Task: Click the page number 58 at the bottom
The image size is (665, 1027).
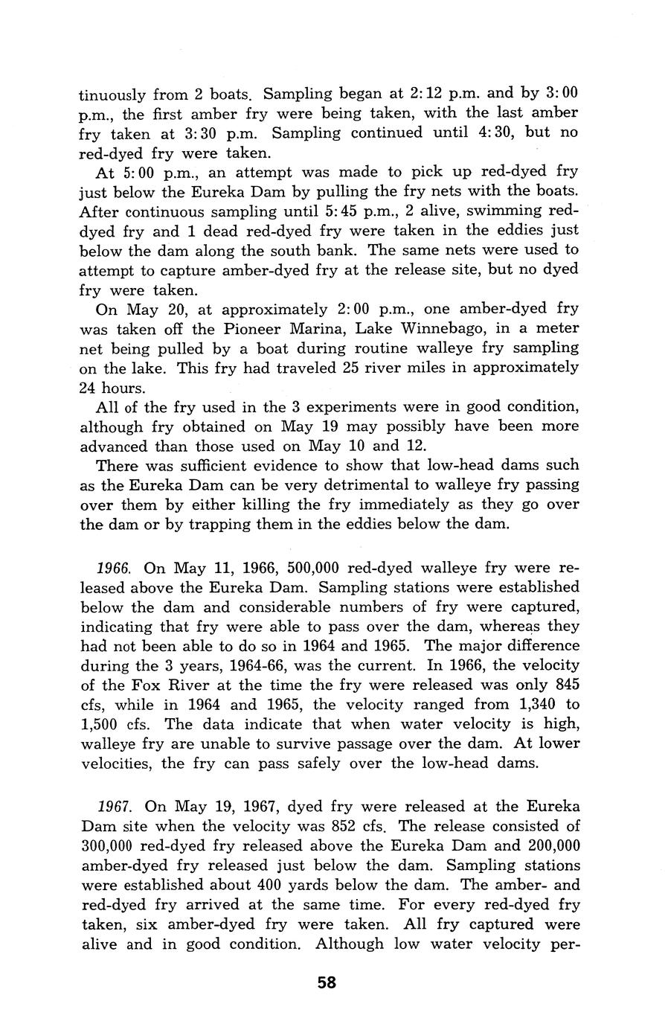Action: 327,982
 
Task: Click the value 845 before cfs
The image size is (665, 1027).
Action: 565,684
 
